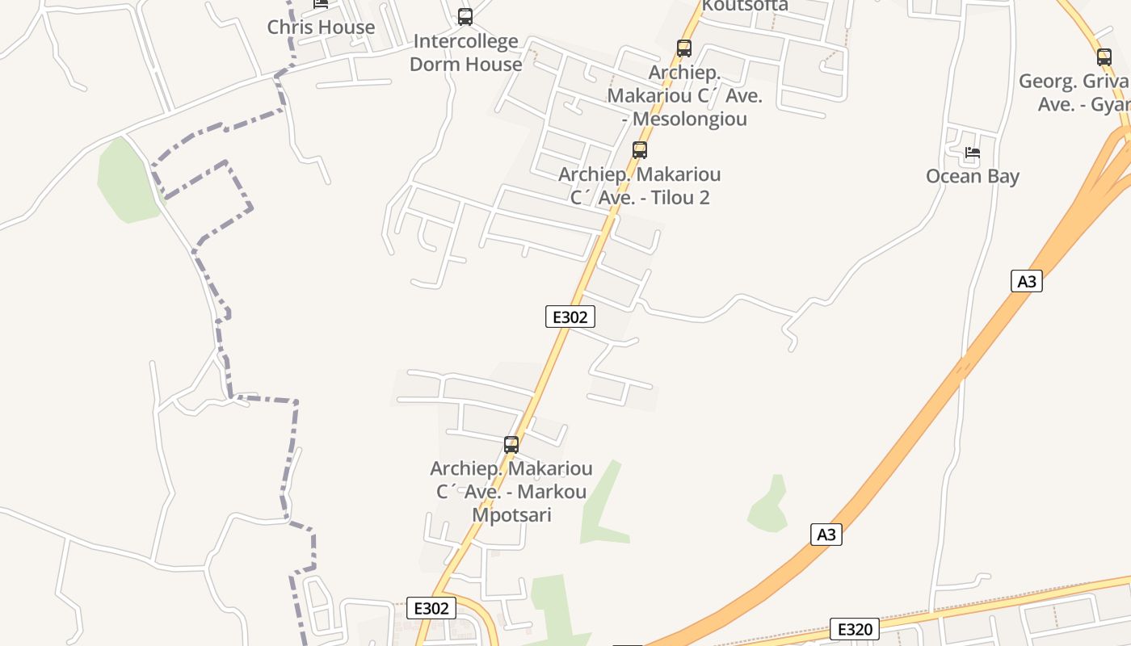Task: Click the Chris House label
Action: [321, 27]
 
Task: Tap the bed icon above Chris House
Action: [321, 3]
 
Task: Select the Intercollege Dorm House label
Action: [465, 52]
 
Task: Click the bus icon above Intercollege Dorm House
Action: [465, 16]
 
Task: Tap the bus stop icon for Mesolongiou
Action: [684, 48]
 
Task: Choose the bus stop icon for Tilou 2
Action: [640, 149]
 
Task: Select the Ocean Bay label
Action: [972, 176]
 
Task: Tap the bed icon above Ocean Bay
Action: [972, 152]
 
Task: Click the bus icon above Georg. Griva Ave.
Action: [1104, 57]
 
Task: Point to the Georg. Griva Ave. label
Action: [1074, 93]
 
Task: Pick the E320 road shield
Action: [854, 629]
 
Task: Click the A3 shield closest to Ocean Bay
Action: [1026, 281]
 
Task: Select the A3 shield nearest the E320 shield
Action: [826, 535]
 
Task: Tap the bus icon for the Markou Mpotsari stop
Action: [511, 444]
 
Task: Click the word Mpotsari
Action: [511, 514]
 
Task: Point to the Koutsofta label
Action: [745, 6]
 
